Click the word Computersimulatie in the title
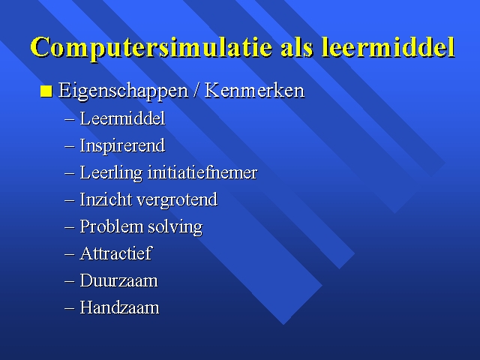coord(151,47)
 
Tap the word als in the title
coord(297,47)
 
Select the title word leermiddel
coord(388,47)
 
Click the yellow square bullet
coord(46,91)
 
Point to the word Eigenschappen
coord(123,91)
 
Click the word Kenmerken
coord(254,90)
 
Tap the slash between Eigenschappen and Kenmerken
coord(196,90)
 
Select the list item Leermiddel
coord(122,118)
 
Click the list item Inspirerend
coord(122,145)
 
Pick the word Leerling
coord(111,173)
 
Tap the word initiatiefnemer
coord(202,172)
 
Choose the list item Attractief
coord(115,253)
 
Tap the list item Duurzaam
coord(118,280)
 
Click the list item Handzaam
coord(119,307)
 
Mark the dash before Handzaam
coord(70,308)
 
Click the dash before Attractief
coord(70,254)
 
